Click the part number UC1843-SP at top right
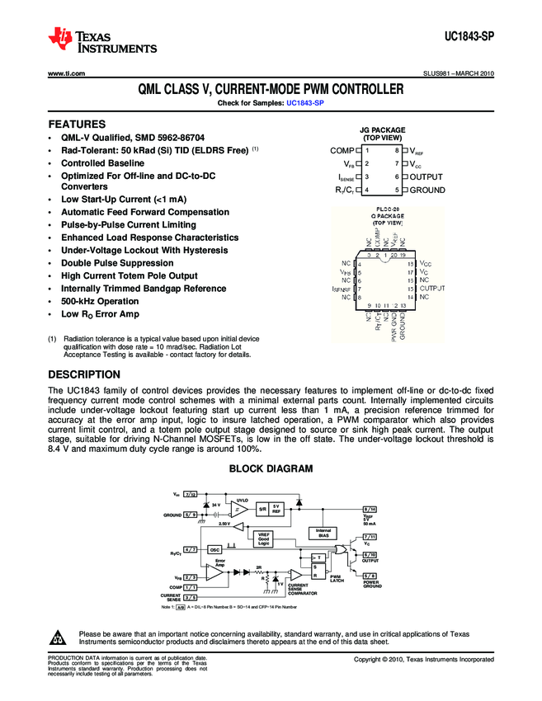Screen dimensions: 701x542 [468, 38]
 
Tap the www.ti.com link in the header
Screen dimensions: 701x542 [67, 73]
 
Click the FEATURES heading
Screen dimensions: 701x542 [77, 124]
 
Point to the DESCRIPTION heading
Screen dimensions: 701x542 [85, 374]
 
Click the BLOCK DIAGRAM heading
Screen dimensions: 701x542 [271, 468]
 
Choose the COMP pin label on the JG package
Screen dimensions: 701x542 [341, 151]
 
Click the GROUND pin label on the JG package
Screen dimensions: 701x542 [427, 191]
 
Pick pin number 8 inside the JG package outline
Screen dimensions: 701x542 [397, 151]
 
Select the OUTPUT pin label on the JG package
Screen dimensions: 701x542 [427, 177]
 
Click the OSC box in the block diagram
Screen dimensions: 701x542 [214, 548]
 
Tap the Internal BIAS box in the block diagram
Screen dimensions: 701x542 [323, 532]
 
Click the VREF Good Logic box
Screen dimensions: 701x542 [264, 538]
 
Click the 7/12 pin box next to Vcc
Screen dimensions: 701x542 [191, 493]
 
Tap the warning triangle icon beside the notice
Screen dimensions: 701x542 [58, 637]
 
